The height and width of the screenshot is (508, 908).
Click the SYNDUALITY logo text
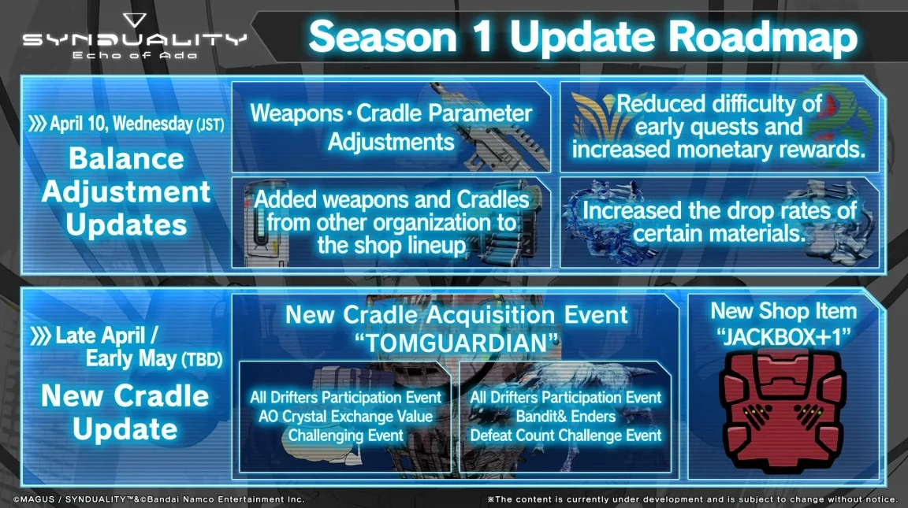tap(134, 40)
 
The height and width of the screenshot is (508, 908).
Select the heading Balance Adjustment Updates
tap(126, 191)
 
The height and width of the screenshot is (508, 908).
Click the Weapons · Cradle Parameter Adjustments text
tap(391, 127)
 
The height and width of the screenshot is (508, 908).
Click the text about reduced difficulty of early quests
tap(718, 126)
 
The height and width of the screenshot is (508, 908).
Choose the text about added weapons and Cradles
tap(391, 221)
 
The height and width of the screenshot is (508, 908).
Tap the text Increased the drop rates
tap(718, 222)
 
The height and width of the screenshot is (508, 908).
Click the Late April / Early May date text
tap(130, 347)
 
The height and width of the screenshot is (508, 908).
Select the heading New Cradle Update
tap(125, 412)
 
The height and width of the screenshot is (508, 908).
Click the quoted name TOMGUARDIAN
tap(457, 343)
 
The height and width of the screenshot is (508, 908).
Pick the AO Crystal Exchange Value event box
tap(346, 416)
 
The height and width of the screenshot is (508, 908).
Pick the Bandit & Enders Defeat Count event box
tap(566, 416)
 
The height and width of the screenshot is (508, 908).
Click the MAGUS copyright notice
tap(158, 499)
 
